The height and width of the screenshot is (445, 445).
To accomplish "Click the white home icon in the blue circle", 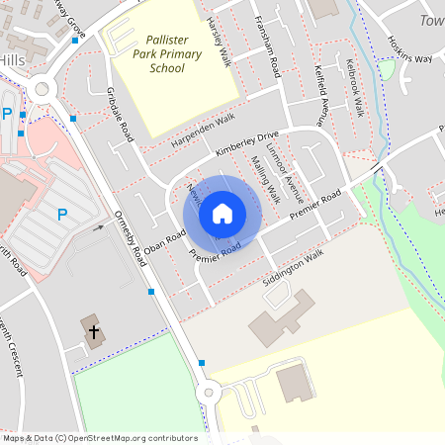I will click(x=222, y=213).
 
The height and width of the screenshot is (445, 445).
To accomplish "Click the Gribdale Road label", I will click(x=118, y=112).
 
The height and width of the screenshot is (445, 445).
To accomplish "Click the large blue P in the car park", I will click(x=62, y=215).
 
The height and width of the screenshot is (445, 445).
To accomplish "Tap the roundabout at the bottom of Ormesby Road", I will click(x=210, y=394).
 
